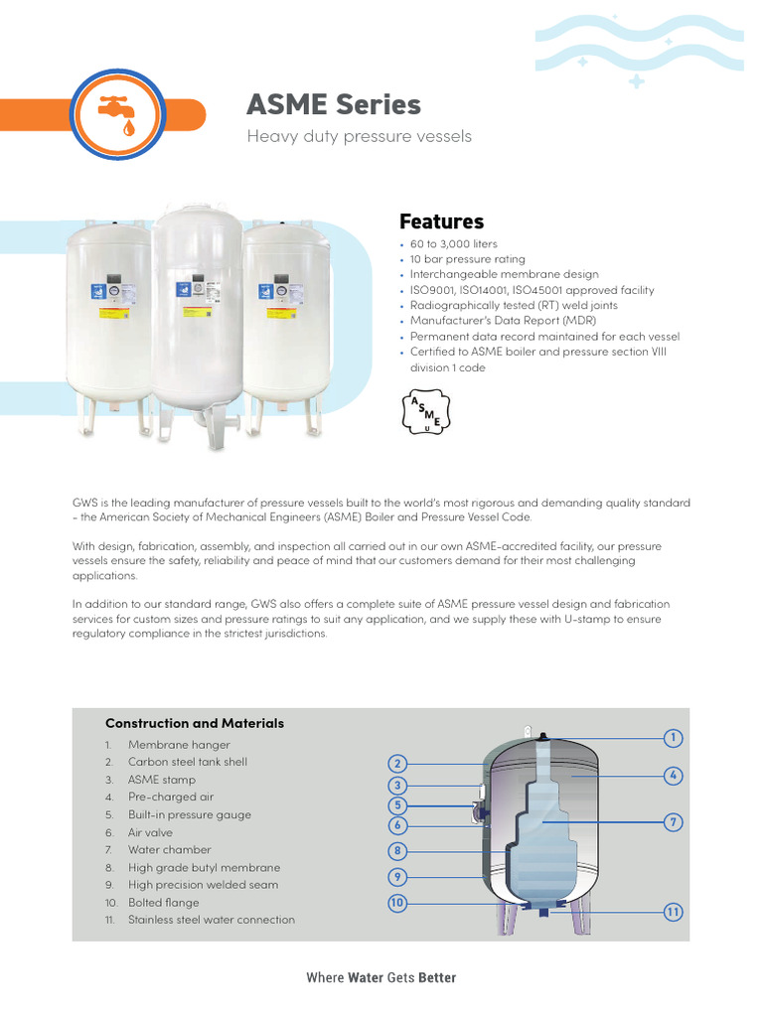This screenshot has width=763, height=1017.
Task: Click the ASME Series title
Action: pos(333,105)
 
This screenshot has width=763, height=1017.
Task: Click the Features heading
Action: pos(441,221)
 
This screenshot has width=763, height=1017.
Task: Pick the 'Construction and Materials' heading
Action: pos(195,723)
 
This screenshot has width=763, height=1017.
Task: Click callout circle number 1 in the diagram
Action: pos(674,738)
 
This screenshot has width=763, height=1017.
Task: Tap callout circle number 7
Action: pos(674,822)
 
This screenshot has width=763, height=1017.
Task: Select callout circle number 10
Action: pos(397,903)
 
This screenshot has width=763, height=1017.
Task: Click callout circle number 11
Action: pos(674,912)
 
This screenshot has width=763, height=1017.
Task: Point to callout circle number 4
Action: pos(674,775)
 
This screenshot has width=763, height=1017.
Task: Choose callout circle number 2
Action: pos(397,764)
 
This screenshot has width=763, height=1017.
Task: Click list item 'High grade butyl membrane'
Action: pos(204,867)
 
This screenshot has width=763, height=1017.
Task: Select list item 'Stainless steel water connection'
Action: pos(211,920)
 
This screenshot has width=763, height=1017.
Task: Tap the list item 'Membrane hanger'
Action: pos(179,745)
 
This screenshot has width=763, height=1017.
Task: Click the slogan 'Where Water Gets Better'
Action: pos(381,978)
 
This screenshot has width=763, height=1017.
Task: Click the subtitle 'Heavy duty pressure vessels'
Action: pos(359,136)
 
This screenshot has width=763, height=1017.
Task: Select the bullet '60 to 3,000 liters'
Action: pos(453,244)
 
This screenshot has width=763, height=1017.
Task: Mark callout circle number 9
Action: pos(397,877)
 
